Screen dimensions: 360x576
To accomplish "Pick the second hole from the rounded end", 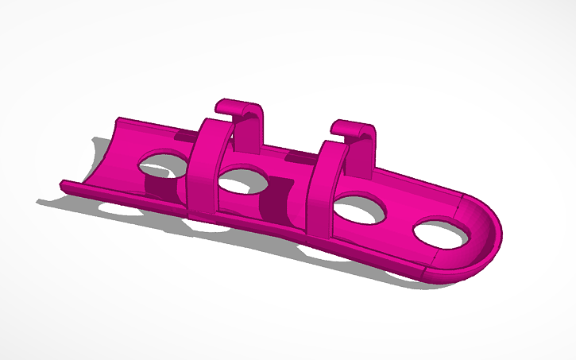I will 359,210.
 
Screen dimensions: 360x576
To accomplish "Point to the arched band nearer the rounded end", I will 323,187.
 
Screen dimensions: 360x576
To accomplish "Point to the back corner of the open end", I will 119,121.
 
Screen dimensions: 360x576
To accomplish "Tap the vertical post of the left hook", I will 256,131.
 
